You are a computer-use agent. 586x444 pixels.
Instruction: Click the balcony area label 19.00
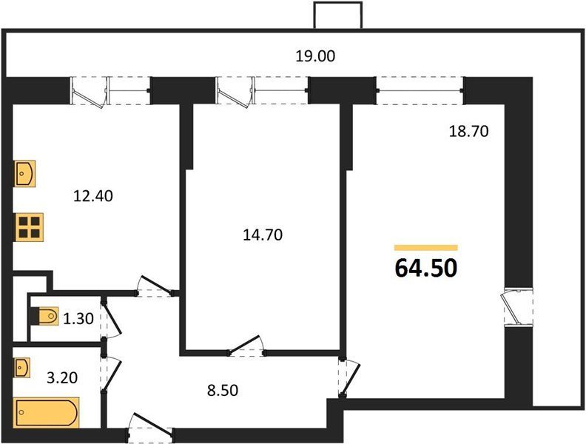point(315,56)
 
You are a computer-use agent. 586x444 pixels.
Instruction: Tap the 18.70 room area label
point(468,132)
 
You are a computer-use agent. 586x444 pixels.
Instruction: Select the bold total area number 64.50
point(426,268)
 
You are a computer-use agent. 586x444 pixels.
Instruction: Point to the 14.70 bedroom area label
point(263,235)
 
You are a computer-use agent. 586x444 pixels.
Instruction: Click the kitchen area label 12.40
point(93,196)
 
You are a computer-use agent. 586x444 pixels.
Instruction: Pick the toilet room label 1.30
point(78,319)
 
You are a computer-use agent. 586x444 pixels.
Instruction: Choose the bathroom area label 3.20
point(62,378)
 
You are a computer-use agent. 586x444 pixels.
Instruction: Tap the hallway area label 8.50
point(223,391)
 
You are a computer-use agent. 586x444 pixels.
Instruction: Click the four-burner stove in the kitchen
point(29,227)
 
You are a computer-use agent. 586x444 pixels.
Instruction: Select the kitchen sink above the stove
point(25,173)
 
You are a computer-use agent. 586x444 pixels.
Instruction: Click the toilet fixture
point(44,316)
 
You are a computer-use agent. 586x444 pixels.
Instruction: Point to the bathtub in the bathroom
point(47,413)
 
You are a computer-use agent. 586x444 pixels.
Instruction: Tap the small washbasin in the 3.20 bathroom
point(22,368)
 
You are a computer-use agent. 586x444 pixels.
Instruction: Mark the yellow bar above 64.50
point(426,247)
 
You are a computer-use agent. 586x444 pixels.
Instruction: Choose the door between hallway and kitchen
point(155,286)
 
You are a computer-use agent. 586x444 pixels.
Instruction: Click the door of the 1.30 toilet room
point(111,318)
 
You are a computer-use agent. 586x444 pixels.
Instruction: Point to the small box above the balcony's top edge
point(338,15)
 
